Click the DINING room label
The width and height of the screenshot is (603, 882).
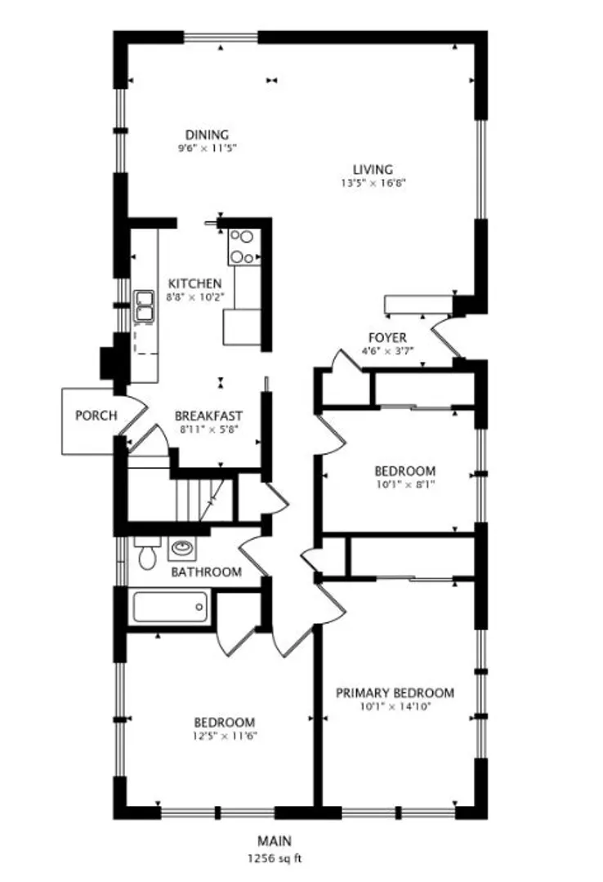pyautogui.click(x=208, y=135)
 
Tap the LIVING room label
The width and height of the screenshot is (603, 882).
pyautogui.click(x=373, y=169)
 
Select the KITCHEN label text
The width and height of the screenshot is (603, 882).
pyautogui.click(x=194, y=283)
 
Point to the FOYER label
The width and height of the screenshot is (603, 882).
pyautogui.click(x=387, y=337)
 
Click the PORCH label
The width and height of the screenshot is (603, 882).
pyautogui.click(x=96, y=416)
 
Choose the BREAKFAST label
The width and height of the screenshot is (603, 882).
pyautogui.click(x=209, y=416)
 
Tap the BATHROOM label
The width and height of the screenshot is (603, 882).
pyautogui.click(x=207, y=572)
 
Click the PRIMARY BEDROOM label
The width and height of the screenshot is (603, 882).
pyautogui.click(x=395, y=693)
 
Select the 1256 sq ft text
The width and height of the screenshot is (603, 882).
pyautogui.click(x=275, y=858)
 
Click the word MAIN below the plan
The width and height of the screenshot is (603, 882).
pyautogui.click(x=275, y=841)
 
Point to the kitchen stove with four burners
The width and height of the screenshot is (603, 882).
pyautogui.click(x=244, y=247)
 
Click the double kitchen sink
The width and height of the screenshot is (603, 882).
pyautogui.click(x=144, y=306)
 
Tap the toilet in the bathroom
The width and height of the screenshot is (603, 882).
pyautogui.click(x=148, y=552)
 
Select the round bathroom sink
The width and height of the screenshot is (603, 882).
pyautogui.click(x=182, y=549)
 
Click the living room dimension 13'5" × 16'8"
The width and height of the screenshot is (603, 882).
pyautogui.click(x=373, y=183)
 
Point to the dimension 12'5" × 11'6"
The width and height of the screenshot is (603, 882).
pyautogui.click(x=225, y=736)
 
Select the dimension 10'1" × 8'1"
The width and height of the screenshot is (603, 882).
pyautogui.click(x=404, y=483)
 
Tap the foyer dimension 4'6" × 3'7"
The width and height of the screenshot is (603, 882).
pyautogui.click(x=387, y=351)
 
